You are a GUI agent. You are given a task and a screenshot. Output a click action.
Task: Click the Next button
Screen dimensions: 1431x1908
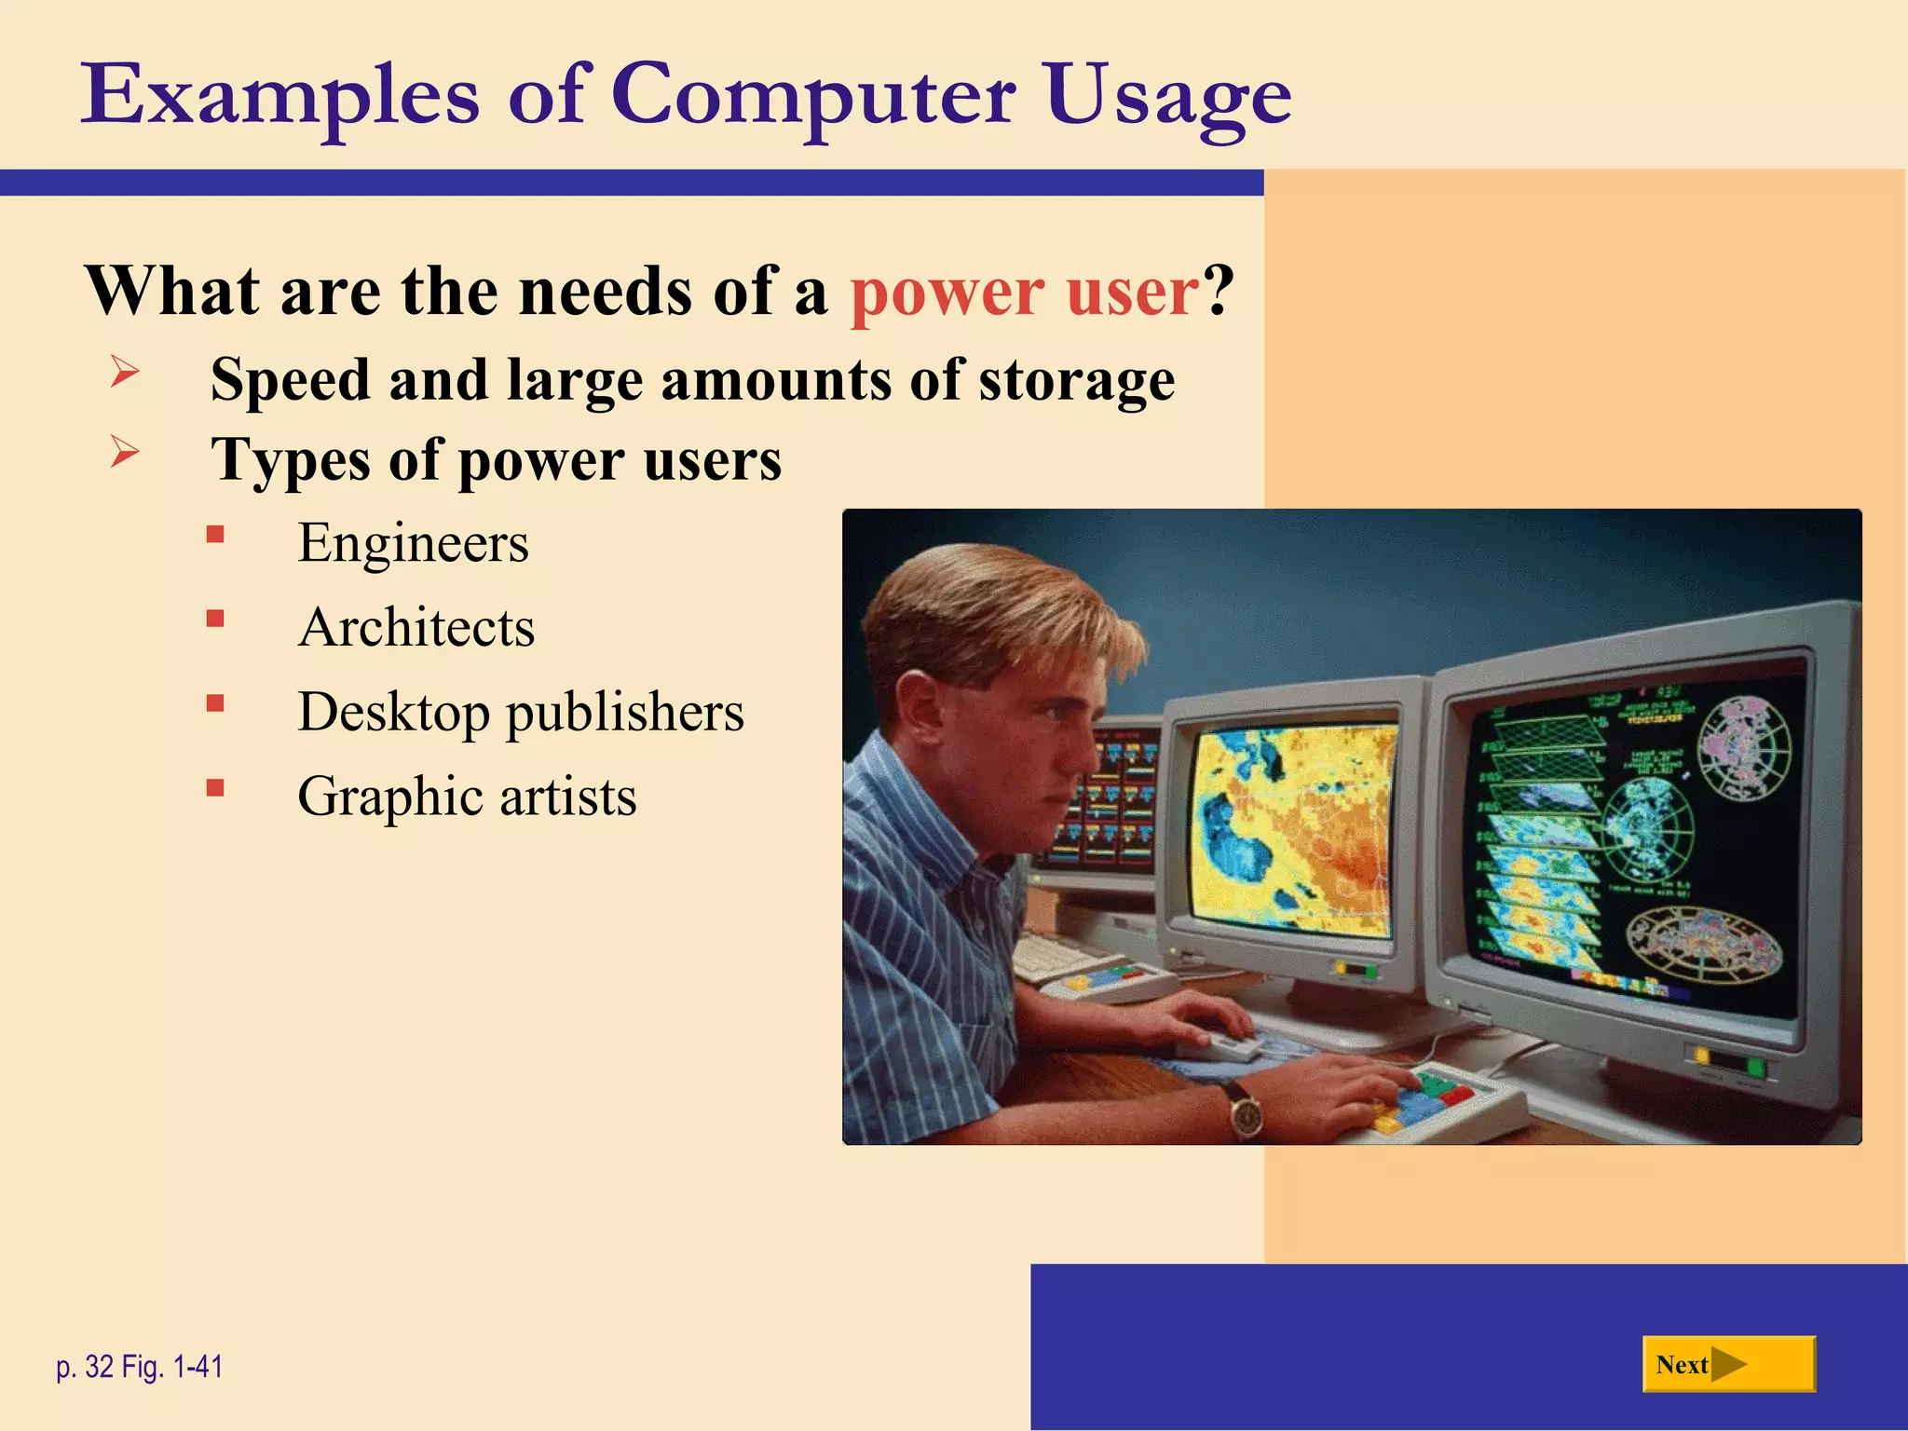[x=1728, y=1365]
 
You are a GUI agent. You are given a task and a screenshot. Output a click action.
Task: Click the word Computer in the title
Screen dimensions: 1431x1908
[x=812, y=95]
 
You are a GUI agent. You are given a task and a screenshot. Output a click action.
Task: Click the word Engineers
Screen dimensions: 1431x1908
[x=413, y=543]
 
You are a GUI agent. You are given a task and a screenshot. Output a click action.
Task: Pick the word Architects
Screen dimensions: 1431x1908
[x=416, y=627]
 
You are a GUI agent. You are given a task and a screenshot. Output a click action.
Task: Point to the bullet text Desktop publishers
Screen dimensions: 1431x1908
[x=521, y=713]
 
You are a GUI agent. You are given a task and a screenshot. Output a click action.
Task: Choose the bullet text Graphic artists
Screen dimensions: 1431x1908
[x=467, y=797]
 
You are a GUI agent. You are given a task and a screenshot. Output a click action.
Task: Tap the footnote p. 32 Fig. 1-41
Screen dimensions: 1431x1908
[x=140, y=1367]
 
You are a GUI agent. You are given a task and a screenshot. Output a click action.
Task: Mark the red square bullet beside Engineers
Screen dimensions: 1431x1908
[x=215, y=535]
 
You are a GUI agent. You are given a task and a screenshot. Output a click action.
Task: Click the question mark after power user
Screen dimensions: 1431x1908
[x=1219, y=292]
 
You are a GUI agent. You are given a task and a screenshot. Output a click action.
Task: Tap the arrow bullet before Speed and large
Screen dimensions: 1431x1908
[x=125, y=372]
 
